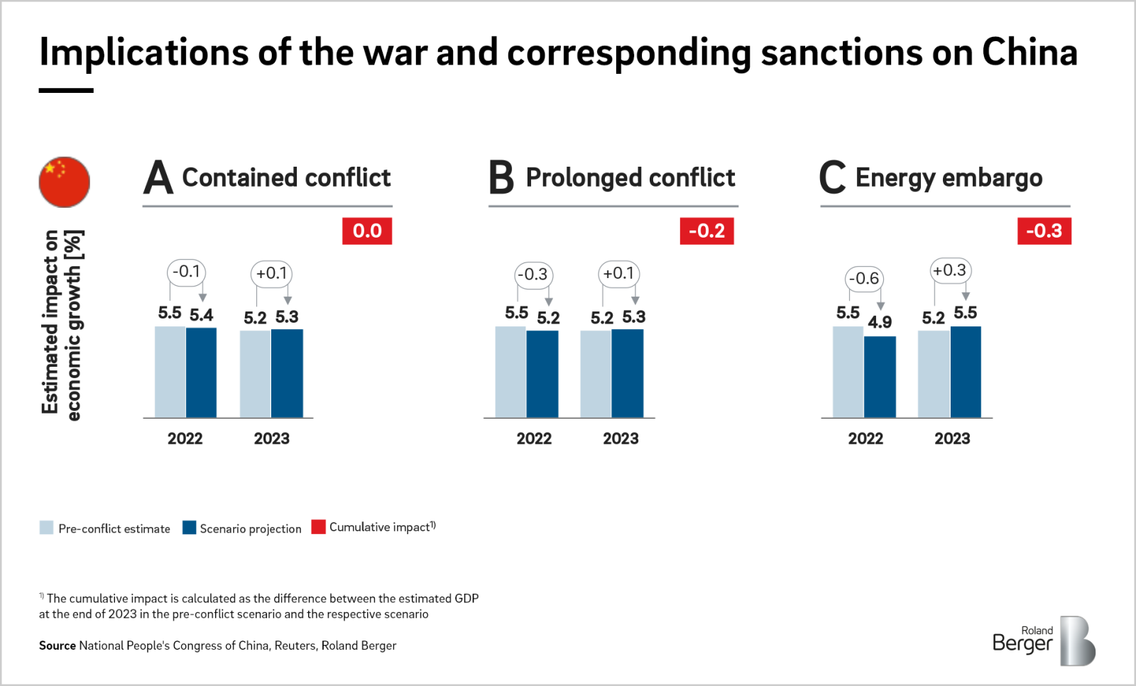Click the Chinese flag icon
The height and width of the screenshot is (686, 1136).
click(x=64, y=182)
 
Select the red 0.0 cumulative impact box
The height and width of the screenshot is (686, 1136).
click(x=367, y=231)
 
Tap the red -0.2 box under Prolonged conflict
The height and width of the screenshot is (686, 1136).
click(x=706, y=231)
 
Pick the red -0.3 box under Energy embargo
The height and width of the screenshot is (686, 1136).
click(x=1044, y=231)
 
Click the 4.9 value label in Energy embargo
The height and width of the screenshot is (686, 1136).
click(x=880, y=322)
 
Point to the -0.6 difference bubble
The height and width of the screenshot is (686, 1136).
click(x=864, y=279)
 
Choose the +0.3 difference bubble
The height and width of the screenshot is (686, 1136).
click(x=950, y=270)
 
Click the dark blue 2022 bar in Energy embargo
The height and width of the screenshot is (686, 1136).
click(x=880, y=377)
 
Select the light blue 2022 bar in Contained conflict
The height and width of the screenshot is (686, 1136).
click(x=170, y=372)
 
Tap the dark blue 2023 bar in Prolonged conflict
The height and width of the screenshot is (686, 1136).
click(x=627, y=373)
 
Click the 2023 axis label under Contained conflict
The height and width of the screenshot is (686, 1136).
click(x=272, y=439)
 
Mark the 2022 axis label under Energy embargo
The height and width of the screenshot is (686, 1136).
click(x=865, y=439)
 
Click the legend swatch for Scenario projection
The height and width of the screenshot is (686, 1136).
click(x=189, y=528)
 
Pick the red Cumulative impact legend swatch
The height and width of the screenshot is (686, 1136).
click(x=318, y=527)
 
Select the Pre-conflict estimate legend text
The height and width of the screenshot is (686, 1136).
click(x=114, y=529)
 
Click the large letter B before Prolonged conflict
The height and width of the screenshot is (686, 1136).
click(x=501, y=177)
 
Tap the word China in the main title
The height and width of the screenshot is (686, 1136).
click(x=1029, y=52)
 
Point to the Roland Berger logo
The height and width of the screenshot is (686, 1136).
click(x=1044, y=641)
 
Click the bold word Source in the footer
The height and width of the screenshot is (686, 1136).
click(x=57, y=646)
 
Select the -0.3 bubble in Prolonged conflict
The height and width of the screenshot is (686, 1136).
click(x=533, y=275)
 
